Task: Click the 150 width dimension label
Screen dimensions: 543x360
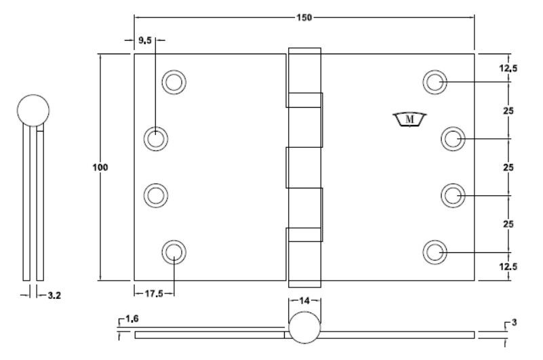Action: click(x=304, y=18)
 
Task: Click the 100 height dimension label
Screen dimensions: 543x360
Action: click(x=100, y=167)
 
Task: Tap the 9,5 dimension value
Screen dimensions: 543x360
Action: click(x=145, y=40)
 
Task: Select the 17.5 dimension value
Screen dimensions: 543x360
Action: click(x=154, y=294)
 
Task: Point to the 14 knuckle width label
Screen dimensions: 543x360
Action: click(x=304, y=301)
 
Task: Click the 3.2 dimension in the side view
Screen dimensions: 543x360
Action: click(x=54, y=296)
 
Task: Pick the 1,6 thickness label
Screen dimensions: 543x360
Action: click(x=132, y=319)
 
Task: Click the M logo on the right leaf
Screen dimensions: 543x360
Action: click(x=409, y=119)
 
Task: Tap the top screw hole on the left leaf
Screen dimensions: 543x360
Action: click(x=174, y=82)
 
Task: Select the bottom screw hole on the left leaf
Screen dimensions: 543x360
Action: click(x=174, y=252)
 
